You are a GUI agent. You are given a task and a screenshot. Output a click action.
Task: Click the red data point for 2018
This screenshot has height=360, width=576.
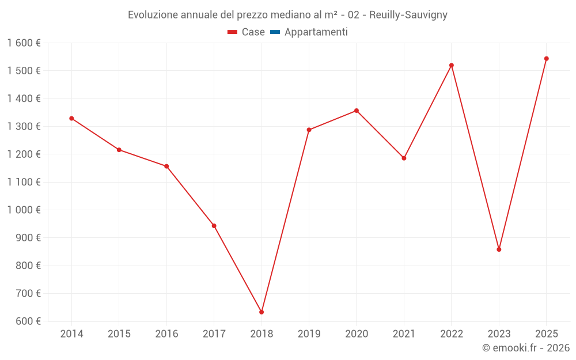coord(262,312)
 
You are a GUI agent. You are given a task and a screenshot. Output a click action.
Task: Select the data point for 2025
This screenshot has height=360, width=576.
coord(546,59)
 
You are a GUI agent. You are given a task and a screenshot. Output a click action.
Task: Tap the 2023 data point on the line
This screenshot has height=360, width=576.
coord(499,249)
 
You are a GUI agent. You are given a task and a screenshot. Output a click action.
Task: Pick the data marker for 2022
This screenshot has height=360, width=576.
coord(452,65)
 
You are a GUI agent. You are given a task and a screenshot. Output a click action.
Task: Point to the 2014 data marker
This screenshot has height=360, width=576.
coord(71,119)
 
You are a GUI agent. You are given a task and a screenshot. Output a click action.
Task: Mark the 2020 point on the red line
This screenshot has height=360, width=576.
coord(357,111)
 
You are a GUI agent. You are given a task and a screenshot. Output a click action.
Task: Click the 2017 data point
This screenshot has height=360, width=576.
coord(214,226)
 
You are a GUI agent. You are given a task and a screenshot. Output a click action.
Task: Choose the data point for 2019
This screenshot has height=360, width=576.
coord(309,130)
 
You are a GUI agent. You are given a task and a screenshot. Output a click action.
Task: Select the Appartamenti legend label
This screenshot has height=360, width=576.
coord(316,32)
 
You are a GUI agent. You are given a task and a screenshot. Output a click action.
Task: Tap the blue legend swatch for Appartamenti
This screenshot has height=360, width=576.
coord(275,32)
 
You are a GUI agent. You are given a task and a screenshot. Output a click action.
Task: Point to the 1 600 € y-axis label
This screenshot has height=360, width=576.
coord(24,43)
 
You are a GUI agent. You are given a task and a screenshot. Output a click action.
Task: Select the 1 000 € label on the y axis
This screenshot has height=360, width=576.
coord(24,210)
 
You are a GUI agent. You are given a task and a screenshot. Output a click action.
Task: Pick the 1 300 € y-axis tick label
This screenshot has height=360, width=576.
coord(24,127)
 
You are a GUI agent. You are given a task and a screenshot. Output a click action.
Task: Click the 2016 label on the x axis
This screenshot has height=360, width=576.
coord(166,334)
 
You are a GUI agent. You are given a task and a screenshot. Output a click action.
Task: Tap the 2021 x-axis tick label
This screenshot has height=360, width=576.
coord(404,334)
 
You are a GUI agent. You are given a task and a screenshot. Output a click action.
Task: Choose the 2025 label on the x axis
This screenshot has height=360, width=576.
coord(546,334)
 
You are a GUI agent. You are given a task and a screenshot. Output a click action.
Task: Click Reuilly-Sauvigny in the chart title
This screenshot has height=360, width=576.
coord(408,15)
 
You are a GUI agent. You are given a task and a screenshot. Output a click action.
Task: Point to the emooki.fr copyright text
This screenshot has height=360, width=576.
coord(526,348)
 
